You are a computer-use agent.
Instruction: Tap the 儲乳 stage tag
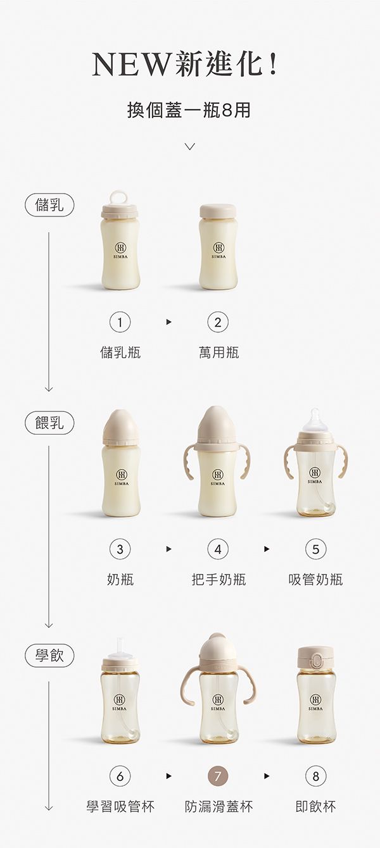(49, 206)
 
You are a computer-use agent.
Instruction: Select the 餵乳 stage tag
(49, 422)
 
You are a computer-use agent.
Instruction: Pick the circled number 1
(120, 323)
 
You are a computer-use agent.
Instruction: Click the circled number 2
(218, 323)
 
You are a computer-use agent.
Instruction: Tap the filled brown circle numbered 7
(218, 776)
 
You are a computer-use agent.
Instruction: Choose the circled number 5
(315, 549)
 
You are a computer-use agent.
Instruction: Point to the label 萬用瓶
(218, 352)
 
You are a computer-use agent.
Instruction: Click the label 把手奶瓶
(218, 579)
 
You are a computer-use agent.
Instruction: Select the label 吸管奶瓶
(315, 579)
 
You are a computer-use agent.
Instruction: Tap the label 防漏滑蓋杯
(218, 806)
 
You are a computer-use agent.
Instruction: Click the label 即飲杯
(315, 806)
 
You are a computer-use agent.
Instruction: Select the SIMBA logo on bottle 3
(120, 477)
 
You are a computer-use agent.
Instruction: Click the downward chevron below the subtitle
(189, 147)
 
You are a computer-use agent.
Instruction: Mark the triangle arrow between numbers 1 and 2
(168, 323)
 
